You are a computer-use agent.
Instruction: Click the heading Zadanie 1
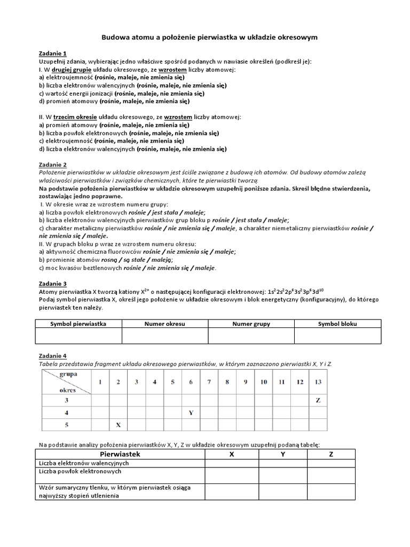(53, 53)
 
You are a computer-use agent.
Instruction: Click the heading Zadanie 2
(53, 165)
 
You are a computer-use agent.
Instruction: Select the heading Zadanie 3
(53, 284)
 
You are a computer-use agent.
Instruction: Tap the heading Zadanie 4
(53, 356)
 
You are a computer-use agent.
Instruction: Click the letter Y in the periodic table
(191, 412)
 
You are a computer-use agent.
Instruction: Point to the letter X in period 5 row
(118, 425)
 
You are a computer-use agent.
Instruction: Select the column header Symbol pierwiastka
(78, 324)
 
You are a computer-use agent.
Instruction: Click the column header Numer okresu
(165, 324)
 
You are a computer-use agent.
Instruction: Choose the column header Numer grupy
(251, 324)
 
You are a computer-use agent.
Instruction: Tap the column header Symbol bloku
(337, 324)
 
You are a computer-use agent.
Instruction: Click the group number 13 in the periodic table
(318, 382)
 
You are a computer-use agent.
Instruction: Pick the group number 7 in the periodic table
(209, 382)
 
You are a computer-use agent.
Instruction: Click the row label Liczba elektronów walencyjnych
(84, 463)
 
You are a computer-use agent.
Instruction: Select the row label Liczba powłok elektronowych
(80, 472)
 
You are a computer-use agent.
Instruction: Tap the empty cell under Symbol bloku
(337, 335)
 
